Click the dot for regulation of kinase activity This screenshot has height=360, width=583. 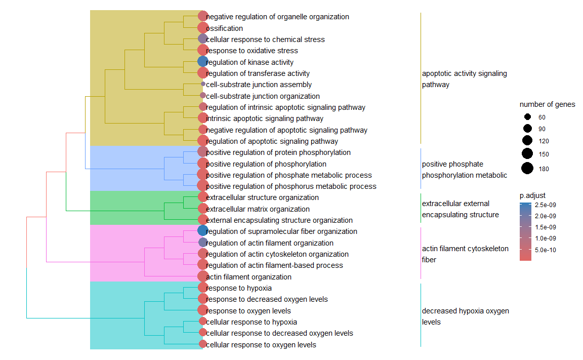202,62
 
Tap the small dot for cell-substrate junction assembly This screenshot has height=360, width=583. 203,84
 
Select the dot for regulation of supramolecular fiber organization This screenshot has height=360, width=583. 202,231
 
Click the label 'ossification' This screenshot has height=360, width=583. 224,28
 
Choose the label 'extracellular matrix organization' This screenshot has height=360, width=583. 258,209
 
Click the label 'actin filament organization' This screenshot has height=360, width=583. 248,277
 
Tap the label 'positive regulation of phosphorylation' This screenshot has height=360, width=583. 266,164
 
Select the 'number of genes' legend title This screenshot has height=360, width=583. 547,105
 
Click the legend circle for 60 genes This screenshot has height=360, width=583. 527,117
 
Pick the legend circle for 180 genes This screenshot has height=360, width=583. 527,169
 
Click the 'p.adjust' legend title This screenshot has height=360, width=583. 532,195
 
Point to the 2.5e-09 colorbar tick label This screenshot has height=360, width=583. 545,205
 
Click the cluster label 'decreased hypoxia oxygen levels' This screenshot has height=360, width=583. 465,316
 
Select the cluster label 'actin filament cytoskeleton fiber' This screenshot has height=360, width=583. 465,254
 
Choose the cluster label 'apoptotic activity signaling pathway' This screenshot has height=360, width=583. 464,79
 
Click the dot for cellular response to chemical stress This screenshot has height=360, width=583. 202,39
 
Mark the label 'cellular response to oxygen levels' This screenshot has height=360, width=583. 261,345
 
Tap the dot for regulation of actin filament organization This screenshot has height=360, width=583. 202,243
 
